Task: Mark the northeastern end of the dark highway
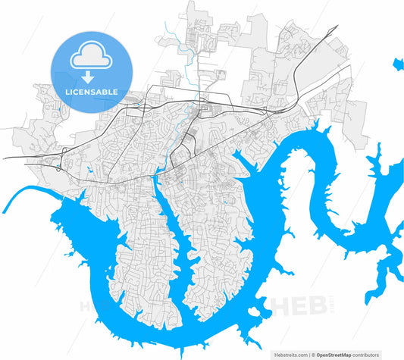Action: (334, 29)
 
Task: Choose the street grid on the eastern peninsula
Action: (212, 250)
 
